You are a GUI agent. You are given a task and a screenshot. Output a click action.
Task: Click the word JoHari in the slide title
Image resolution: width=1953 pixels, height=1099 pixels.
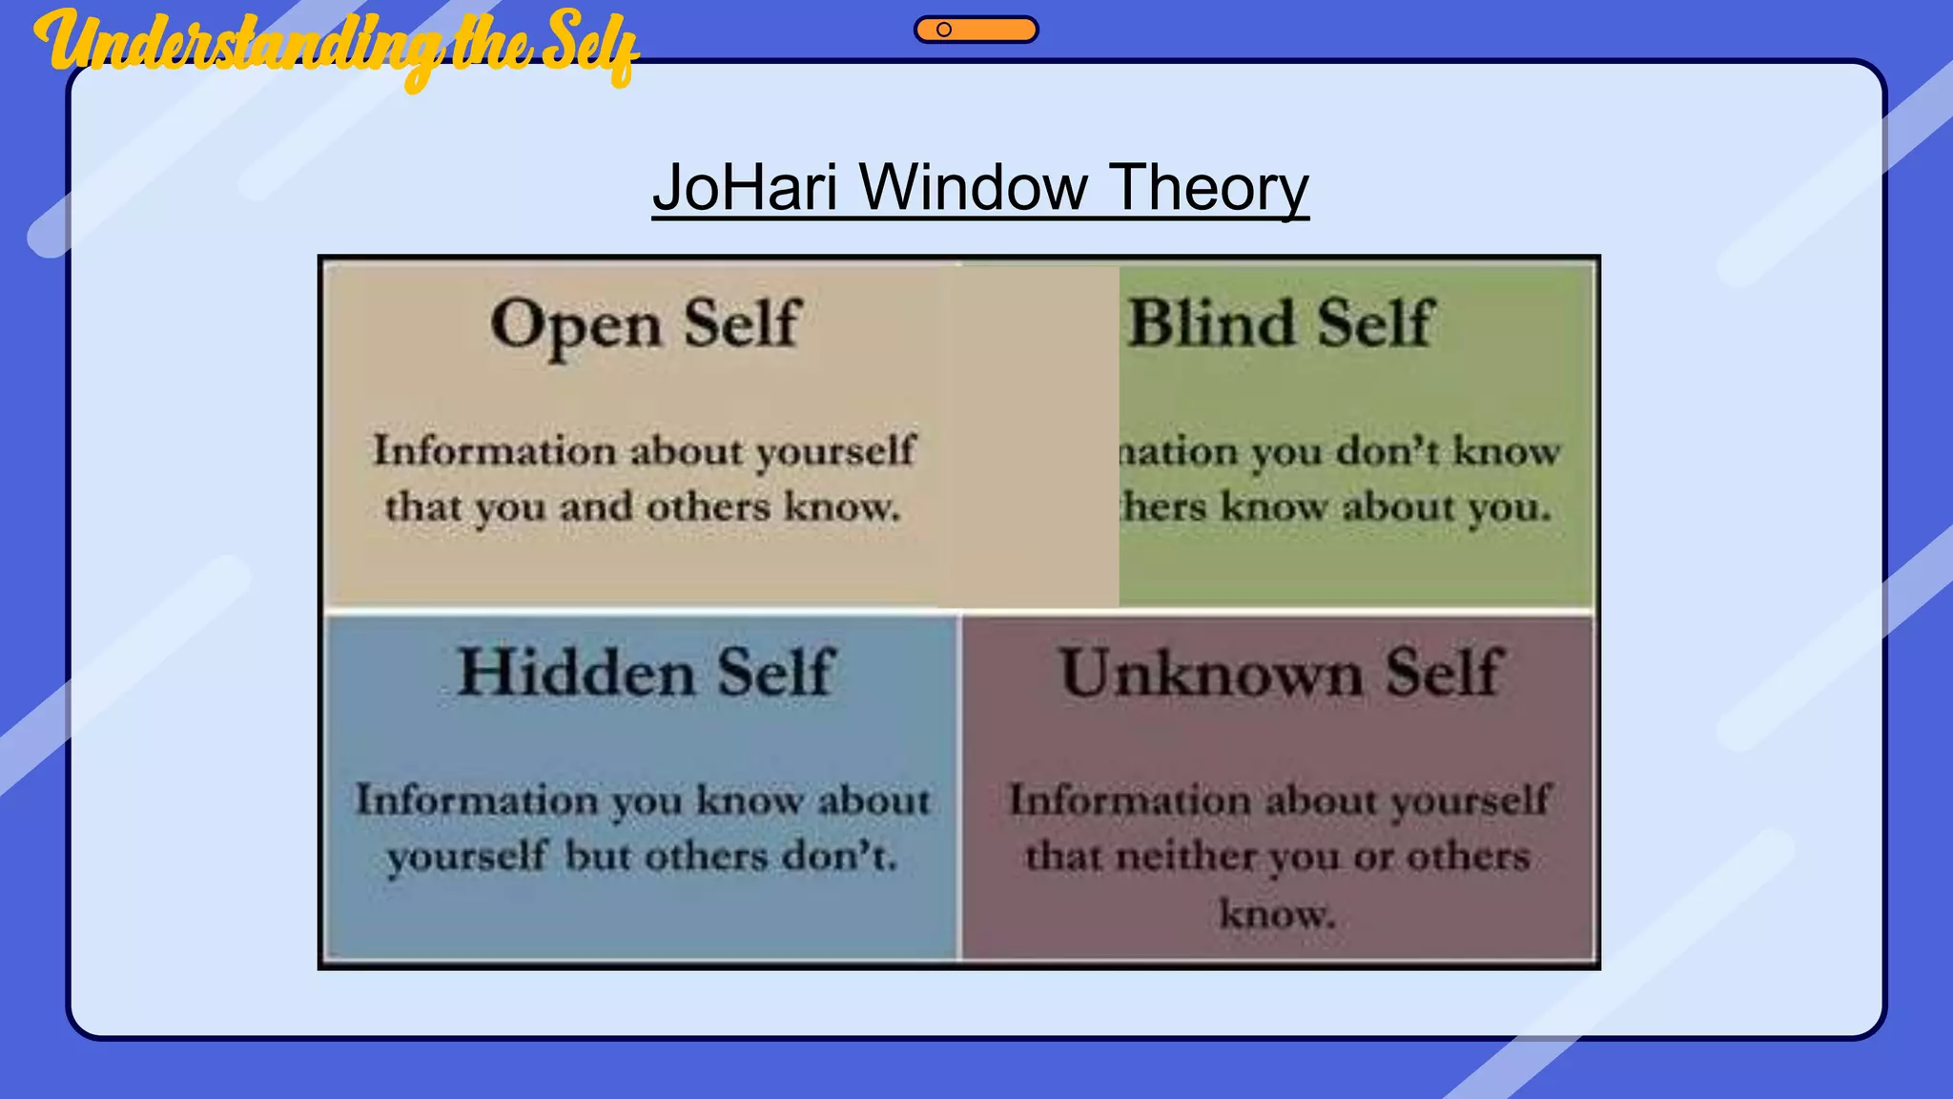[745, 188]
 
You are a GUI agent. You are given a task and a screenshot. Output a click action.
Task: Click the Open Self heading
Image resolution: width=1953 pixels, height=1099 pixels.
[645, 324]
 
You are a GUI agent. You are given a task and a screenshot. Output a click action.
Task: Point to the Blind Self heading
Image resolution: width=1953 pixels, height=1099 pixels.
[1280, 324]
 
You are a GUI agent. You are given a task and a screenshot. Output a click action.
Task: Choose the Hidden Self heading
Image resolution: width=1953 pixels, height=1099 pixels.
[646, 673]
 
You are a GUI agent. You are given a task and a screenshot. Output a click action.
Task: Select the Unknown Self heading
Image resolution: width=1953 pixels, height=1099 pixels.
[1281, 673]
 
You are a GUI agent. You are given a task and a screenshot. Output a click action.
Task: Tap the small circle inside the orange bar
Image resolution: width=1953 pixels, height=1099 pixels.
[944, 30]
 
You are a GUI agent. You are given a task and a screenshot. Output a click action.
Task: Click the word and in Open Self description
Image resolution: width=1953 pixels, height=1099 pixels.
[595, 507]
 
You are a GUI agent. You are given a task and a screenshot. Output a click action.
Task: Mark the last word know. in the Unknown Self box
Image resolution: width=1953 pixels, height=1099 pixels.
[1278, 914]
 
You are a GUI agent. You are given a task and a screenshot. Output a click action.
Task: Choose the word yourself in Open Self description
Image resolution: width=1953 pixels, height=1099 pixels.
[835, 451]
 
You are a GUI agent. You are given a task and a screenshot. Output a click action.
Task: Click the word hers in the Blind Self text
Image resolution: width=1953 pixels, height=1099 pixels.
[1164, 507]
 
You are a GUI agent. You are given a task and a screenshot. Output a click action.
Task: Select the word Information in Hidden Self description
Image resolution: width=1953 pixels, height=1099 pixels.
[476, 799]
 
